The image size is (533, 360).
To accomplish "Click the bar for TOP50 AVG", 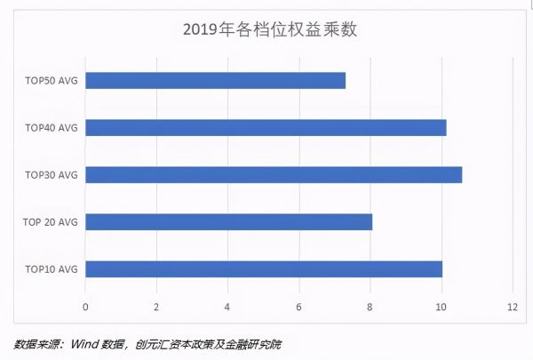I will click(x=215, y=81).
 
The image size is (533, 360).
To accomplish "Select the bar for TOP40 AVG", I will click(x=266, y=128).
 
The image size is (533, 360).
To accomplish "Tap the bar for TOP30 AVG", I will click(x=274, y=175).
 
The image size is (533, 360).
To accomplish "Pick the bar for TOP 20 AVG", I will click(x=228, y=221).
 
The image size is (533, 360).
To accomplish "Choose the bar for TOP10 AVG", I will click(x=264, y=268).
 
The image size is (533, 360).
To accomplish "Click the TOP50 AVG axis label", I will click(x=52, y=81).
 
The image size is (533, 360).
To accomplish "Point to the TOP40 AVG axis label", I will click(x=52, y=128).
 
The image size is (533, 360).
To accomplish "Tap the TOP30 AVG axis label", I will click(x=52, y=175).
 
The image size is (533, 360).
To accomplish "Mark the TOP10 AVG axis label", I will click(x=52, y=268).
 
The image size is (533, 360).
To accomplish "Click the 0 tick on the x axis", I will click(x=85, y=308).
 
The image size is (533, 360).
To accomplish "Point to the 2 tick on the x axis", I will click(x=156, y=308).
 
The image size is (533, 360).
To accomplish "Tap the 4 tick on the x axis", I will click(x=227, y=308).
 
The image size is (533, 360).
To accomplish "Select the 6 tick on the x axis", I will click(x=299, y=308).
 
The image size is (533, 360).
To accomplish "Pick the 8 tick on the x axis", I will click(x=370, y=308).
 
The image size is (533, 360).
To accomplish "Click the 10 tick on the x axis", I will click(x=442, y=308).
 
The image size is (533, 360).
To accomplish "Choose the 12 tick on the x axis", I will click(x=513, y=308).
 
